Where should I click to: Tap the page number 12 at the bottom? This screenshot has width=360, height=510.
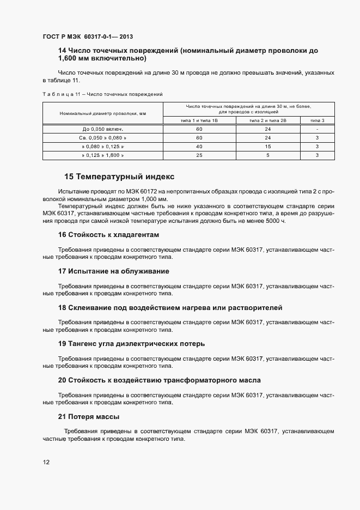pyautogui.click(x=46, y=462)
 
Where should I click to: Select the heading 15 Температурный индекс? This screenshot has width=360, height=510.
pyautogui.click(x=119, y=177)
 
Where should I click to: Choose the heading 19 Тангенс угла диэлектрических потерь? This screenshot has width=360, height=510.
pyautogui.click(x=131, y=344)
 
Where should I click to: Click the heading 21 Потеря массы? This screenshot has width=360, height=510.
pyautogui.click(x=88, y=417)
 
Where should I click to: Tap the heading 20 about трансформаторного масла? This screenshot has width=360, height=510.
pyautogui.click(x=159, y=380)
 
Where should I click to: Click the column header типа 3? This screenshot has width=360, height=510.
pyautogui.click(x=317, y=120)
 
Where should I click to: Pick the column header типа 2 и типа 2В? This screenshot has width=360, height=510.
pyautogui.click(x=267, y=120)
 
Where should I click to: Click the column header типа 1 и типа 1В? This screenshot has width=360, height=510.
pyautogui.click(x=199, y=120)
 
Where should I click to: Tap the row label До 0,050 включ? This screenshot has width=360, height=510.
pyautogui.click(x=103, y=129)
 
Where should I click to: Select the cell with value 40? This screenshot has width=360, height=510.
pyautogui.click(x=199, y=147)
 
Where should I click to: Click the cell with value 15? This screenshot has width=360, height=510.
pyautogui.click(x=267, y=147)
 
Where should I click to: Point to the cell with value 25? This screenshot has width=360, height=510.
pyautogui.click(x=199, y=155)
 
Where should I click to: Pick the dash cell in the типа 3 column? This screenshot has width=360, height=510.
pyautogui.click(x=317, y=129)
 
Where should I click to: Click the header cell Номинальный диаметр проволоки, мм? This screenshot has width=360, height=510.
pyautogui.click(x=103, y=113)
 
